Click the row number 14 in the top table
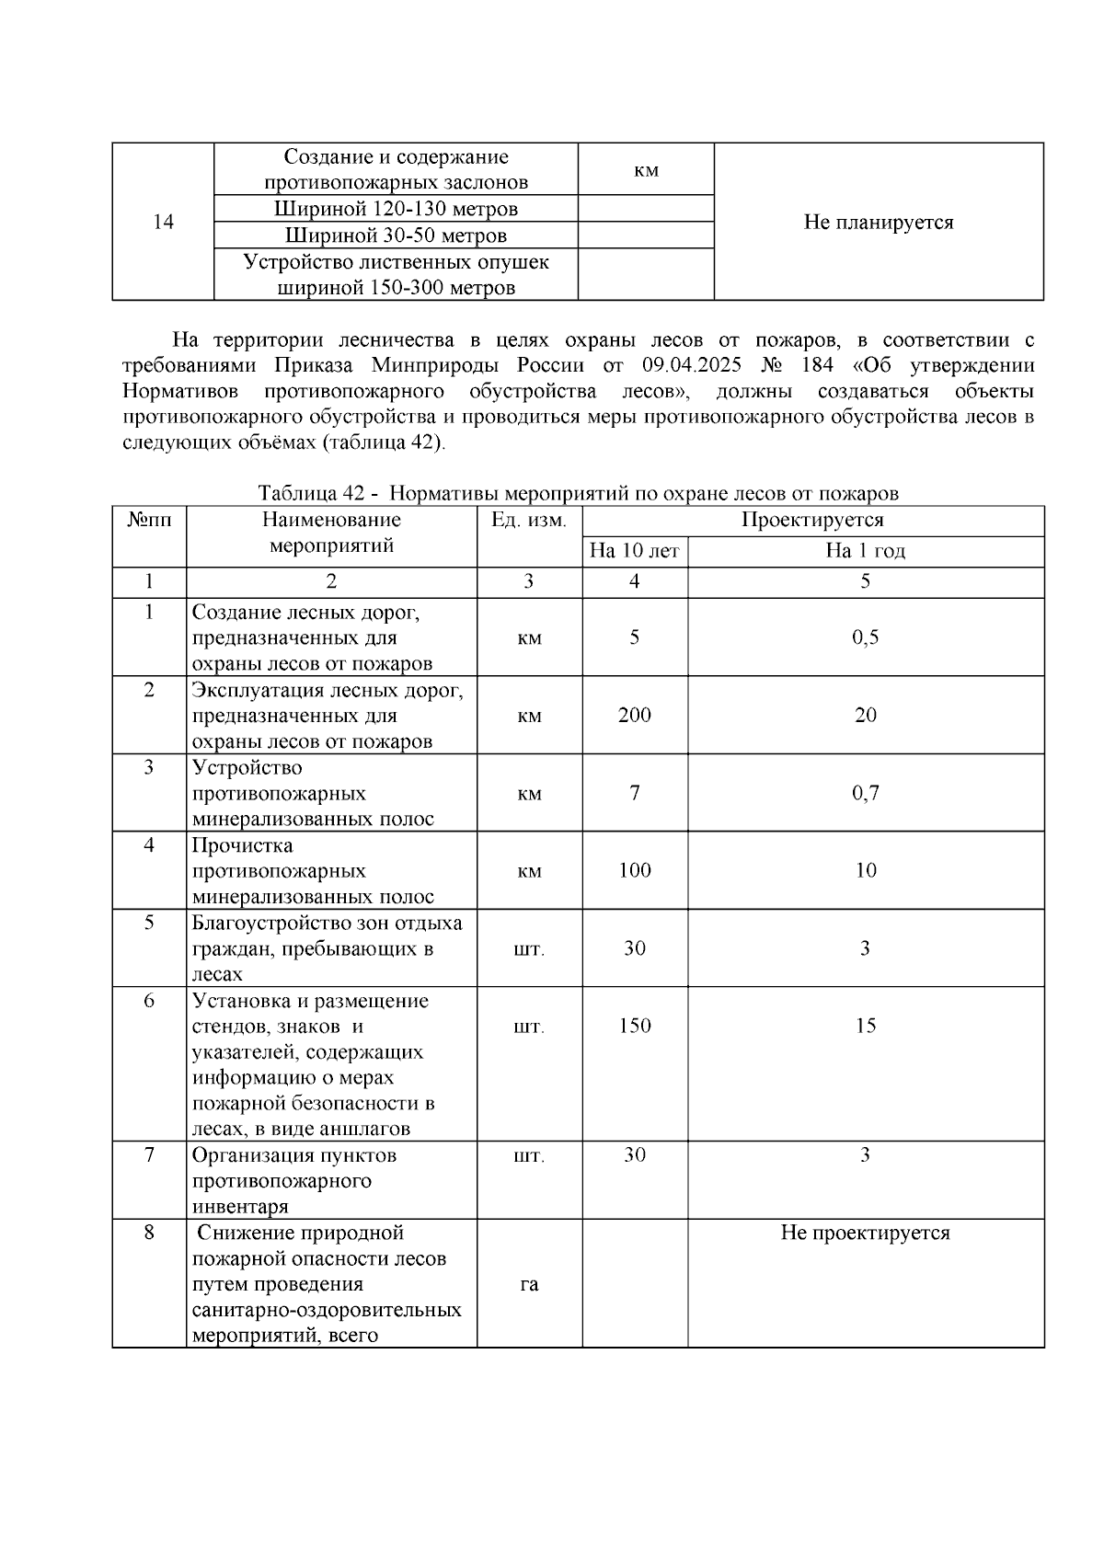tap(163, 223)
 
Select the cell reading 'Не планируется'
tap(878, 223)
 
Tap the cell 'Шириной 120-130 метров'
tap(396, 209)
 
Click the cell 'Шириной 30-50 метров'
tap(396, 235)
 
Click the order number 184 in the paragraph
tap(817, 365)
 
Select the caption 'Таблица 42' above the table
tap(307, 493)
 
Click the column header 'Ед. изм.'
tap(529, 520)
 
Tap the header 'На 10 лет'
tap(634, 551)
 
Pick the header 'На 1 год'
tap(865, 551)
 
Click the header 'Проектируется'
tap(812, 520)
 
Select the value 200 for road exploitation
tap(634, 716)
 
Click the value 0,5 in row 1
tap(865, 637)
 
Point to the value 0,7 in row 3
tap(865, 793)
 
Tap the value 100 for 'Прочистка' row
tap(634, 870)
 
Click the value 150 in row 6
tap(634, 1026)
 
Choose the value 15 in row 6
tap(865, 1026)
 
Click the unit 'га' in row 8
tap(529, 1284)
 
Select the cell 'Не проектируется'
tap(865, 1233)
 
